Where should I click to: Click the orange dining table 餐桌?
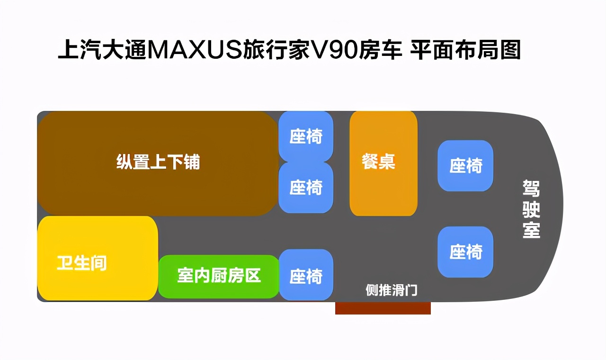(x=383, y=189)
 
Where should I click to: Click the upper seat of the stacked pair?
(x=306, y=136)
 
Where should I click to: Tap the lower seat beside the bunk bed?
(x=306, y=188)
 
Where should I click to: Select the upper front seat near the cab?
(x=465, y=166)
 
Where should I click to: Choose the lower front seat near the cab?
(x=465, y=252)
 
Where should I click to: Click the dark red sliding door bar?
(x=383, y=308)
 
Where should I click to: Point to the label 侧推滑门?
(x=392, y=290)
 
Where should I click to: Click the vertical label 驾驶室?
(x=531, y=208)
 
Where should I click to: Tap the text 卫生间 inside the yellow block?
(x=82, y=262)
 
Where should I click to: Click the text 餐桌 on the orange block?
(x=378, y=161)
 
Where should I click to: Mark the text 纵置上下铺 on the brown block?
(x=158, y=162)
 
